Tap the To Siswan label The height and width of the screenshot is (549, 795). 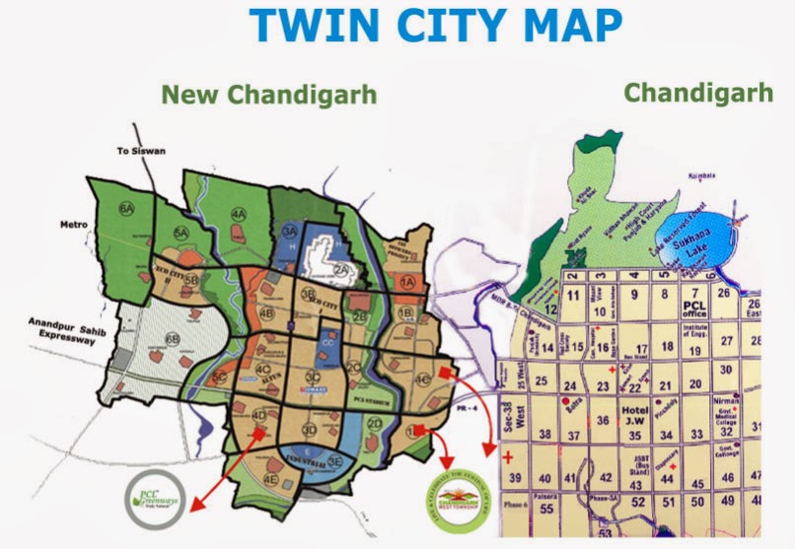click(x=137, y=152)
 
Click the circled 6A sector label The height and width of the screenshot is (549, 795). click(x=125, y=209)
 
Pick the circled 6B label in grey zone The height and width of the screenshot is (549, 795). click(x=174, y=340)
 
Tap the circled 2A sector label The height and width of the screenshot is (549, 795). click(x=341, y=268)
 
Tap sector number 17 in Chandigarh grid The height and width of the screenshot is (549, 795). click(x=641, y=347)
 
